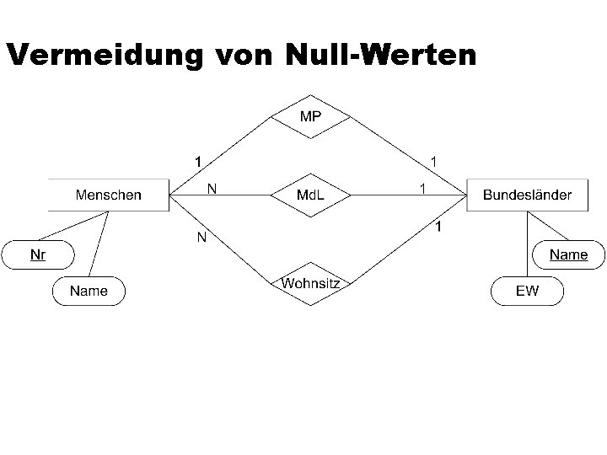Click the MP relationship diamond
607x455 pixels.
(310, 117)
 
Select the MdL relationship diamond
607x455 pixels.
(310, 195)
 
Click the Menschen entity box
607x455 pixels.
(109, 195)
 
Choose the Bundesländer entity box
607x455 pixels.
(527, 195)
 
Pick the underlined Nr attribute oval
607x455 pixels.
(38, 254)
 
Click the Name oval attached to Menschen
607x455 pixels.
(89, 291)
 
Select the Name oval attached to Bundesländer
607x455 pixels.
(568, 254)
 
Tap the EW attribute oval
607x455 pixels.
(527, 291)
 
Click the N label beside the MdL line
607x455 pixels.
(212, 189)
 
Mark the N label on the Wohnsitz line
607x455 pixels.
(202, 238)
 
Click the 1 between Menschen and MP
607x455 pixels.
(196, 159)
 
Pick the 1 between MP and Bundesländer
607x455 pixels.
(433, 159)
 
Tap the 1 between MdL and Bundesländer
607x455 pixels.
(422, 189)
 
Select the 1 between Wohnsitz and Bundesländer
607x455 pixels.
(438, 227)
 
